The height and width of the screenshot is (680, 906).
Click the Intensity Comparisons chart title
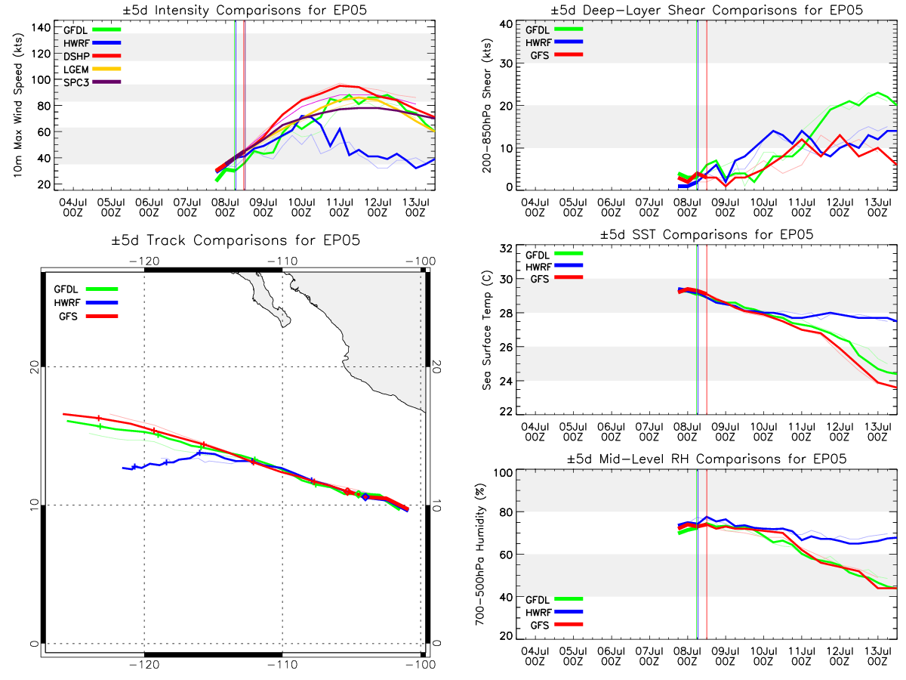(x=245, y=10)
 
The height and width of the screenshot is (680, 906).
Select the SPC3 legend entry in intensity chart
(x=92, y=82)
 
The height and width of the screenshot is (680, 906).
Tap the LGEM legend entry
(x=92, y=70)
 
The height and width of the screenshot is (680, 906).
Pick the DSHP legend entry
(x=92, y=56)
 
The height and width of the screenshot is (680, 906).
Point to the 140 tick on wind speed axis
(x=41, y=28)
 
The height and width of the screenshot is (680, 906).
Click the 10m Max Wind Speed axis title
(x=17, y=106)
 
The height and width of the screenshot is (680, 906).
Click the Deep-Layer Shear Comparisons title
(x=707, y=10)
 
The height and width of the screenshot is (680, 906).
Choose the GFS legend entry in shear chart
(x=556, y=55)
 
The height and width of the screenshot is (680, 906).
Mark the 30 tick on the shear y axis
(x=506, y=63)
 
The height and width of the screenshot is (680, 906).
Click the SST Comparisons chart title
(x=707, y=234)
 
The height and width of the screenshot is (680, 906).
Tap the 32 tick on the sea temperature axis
(x=506, y=249)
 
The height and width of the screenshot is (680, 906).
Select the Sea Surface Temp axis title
(x=487, y=330)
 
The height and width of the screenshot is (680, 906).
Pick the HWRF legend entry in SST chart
(x=554, y=267)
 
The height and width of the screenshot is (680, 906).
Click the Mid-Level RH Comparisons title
(x=707, y=459)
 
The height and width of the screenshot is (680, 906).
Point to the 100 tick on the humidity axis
(x=503, y=473)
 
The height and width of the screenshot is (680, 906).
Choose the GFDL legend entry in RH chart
(x=554, y=599)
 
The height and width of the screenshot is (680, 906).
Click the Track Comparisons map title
(x=236, y=240)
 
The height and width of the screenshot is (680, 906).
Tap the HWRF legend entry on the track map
(x=86, y=303)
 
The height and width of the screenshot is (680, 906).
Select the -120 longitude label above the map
(x=144, y=261)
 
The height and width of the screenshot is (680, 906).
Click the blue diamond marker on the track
(x=365, y=496)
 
